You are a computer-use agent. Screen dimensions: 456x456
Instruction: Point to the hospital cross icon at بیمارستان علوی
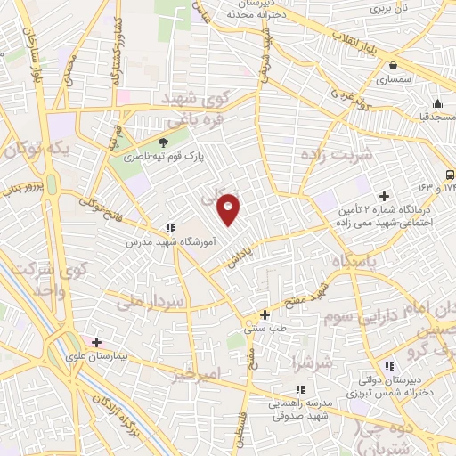96,342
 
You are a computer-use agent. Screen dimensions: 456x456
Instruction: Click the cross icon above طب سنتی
265,313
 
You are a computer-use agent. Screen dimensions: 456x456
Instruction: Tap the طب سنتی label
264,328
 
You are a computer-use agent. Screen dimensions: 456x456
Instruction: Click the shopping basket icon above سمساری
393,64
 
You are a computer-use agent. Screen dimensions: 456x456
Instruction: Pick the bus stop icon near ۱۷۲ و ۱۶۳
449,175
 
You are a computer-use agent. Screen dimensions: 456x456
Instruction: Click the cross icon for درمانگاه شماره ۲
385,196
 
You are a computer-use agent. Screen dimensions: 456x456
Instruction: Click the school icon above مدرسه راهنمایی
300,389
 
